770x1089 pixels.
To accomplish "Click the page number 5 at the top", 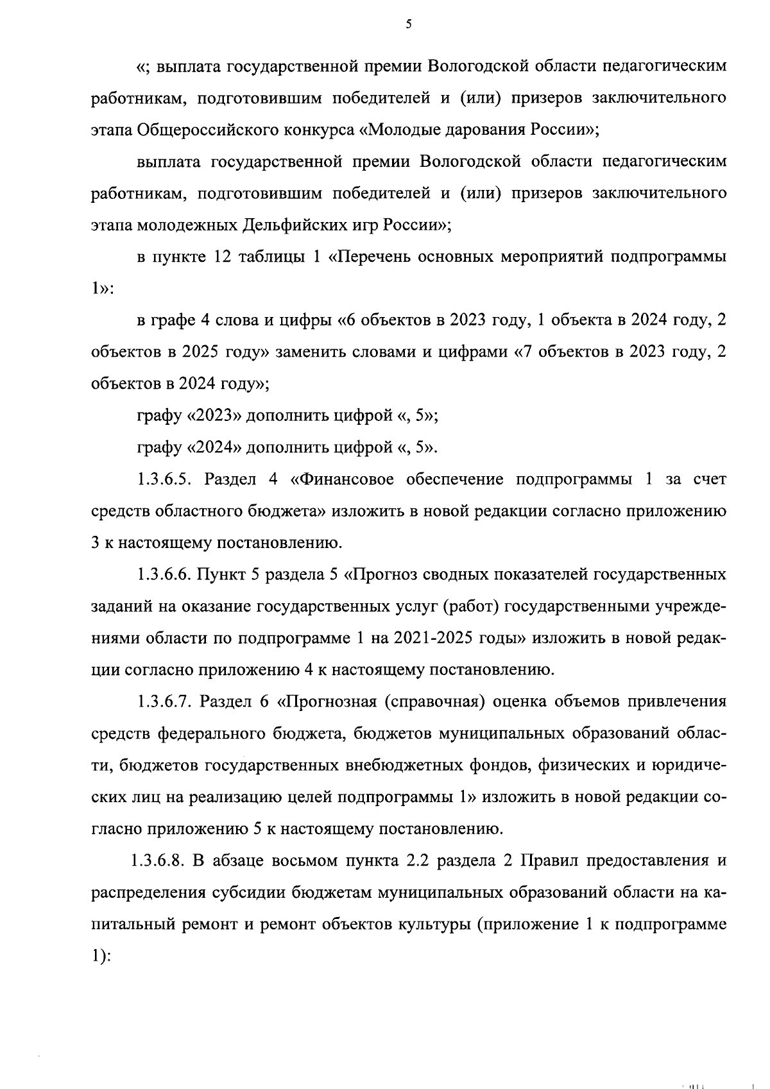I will tap(408, 24).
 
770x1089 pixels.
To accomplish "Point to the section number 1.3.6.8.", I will tap(158, 861).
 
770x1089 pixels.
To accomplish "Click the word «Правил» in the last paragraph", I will tap(549, 861).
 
